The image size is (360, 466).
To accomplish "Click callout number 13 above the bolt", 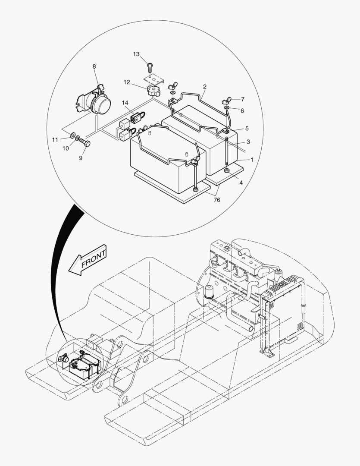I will tap(136, 54).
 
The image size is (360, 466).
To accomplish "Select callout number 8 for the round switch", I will tap(94, 66).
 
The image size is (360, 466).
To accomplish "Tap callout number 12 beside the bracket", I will tap(127, 82).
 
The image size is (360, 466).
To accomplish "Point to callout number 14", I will tap(125, 103).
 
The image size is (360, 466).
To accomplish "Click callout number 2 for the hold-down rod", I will tap(205, 87).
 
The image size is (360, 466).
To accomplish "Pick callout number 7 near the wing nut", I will tap(242, 99).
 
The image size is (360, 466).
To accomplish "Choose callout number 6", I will tap(242, 110).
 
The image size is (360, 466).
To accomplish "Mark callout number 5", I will tap(247, 128).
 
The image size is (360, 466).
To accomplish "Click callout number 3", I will tap(248, 142).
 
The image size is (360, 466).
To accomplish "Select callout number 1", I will tap(252, 160).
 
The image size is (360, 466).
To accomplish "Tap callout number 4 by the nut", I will tap(241, 183).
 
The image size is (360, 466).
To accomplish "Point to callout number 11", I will tap(55, 139).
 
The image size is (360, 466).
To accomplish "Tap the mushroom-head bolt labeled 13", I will tap(149, 66).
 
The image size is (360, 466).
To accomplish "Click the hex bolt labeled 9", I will tap(85, 143).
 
